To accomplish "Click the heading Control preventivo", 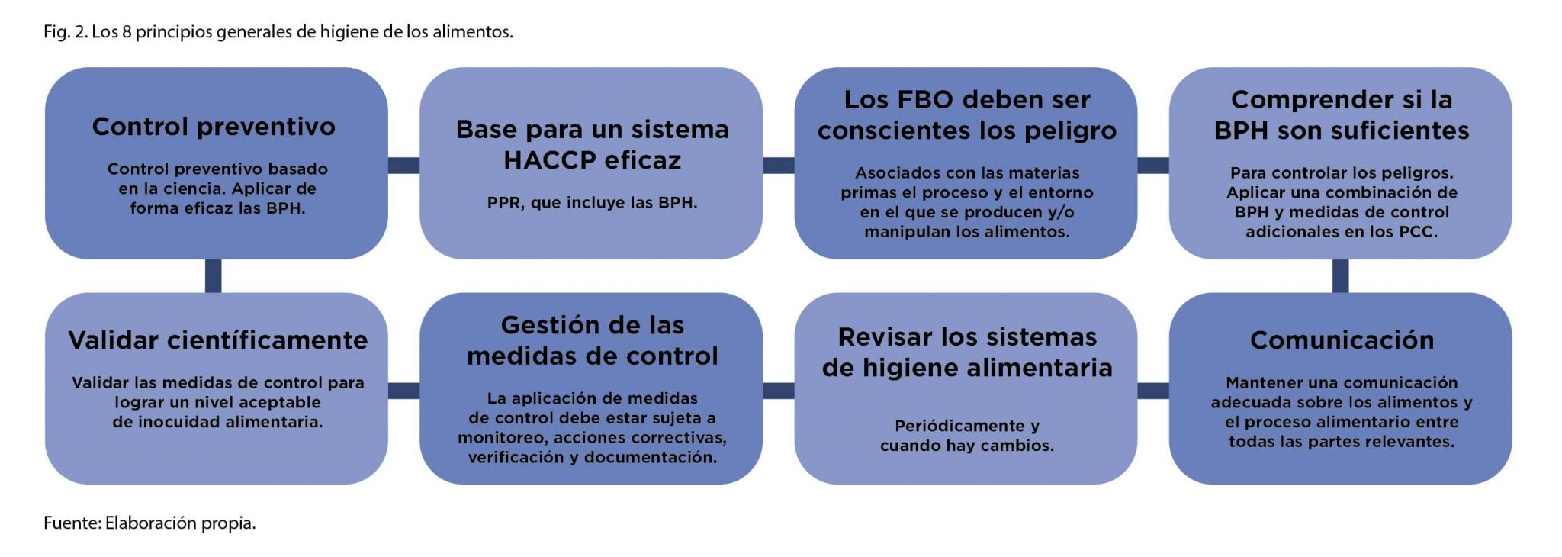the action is (x=214, y=127).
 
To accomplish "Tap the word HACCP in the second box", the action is (x=548, y=160).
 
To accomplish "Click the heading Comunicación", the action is (x=1342, y=340).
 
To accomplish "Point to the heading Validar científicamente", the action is (x=218, y=340).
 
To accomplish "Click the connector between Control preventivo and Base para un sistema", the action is (x=403, y=165).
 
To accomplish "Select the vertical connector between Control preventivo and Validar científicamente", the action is (x=214, y=275).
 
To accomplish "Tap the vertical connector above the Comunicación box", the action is (x=1341, y=275).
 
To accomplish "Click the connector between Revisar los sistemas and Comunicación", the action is (x=1153, y=391).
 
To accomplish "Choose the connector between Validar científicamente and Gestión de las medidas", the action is (x=403, y=391).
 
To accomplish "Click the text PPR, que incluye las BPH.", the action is (x=592, y=203).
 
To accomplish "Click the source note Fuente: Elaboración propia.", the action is (x=149, y=523).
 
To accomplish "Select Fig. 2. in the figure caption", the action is (x=65, y=32).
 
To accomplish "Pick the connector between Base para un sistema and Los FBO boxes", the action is (x=778, y=165).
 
